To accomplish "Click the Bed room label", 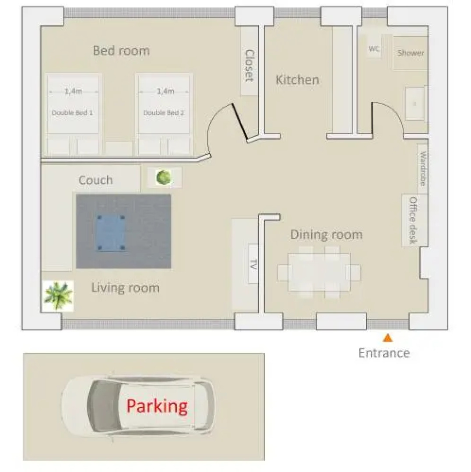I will (x=121, y=51).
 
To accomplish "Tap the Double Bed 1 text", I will (x=72, y=113).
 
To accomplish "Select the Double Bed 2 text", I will (x=164, y=113).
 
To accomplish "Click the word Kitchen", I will (x=297, y=80).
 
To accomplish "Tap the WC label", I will (x=374, y=49).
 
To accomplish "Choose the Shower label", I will (x=411, y=53).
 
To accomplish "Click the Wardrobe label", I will (x=423, y=169).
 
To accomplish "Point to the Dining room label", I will (x=327, y=235).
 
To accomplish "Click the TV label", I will (x=253, y=264).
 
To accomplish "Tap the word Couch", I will (x=95, y=180).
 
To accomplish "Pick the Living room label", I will (x=125, y=288).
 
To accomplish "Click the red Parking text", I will (x=157, y=406).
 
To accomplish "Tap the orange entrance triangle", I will (x=387, y=338).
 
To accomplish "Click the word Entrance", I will (x=384, y=353).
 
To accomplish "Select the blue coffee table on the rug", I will (x=111, y=233).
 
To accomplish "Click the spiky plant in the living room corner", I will (x=58, y=295).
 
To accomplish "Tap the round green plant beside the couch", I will (x=164, y=177).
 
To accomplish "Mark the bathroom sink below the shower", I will (x=415, y=104).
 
